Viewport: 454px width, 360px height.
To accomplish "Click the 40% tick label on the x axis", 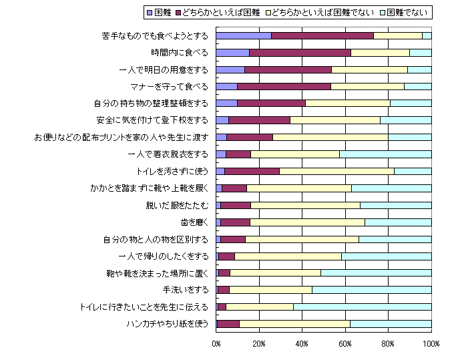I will (x=302, y=344).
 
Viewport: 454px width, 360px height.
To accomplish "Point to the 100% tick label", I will (x=431, y=344).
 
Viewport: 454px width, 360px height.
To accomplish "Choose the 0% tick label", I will (x=216, y=344).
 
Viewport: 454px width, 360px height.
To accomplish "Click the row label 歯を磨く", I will (x=194, y=222).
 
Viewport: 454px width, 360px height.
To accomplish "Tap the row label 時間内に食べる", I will (x=180, y=52).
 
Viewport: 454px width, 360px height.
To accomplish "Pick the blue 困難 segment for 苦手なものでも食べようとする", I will (x=244, y=35).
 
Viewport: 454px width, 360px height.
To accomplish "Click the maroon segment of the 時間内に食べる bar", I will (x=300, y=52).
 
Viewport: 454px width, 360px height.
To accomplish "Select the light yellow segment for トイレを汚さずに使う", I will (x=336, y=171).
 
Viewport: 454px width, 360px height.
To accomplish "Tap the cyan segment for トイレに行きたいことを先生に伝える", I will (x=362, y=307).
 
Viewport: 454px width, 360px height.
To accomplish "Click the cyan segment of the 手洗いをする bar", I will (x=371, y=290).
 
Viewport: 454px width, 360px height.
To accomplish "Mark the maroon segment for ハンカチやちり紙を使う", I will (x=228, y=324).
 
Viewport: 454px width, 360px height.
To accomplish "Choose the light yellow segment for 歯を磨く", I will (x=307, y=222).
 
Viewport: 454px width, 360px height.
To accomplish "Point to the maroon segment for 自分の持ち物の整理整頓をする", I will (x=271, y=103).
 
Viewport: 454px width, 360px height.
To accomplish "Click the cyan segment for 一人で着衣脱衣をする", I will (x=385, y=154).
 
